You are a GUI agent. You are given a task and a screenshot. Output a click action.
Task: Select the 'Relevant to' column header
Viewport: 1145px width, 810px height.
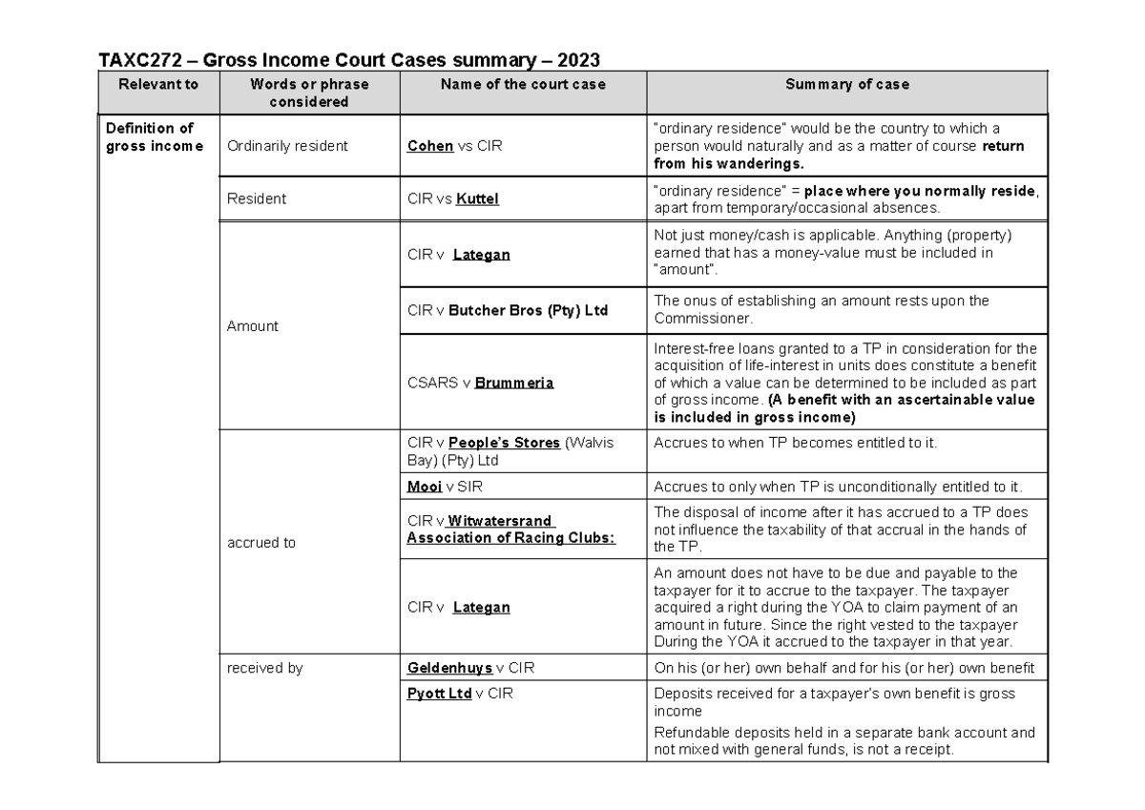[158, 84]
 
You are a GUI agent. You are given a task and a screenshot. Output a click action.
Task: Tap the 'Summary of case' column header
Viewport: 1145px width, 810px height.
[846, 84]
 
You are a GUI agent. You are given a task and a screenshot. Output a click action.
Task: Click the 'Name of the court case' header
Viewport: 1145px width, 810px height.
[523, 84]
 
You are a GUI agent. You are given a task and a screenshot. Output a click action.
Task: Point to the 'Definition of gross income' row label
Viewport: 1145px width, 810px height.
[154, 136]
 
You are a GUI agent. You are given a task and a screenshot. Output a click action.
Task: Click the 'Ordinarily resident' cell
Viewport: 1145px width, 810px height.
[287, 146]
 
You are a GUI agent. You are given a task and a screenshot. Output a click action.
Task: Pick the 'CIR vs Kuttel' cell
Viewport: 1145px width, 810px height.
[452, 199]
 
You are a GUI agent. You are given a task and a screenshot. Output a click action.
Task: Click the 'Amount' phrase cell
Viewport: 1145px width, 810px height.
[252, 326]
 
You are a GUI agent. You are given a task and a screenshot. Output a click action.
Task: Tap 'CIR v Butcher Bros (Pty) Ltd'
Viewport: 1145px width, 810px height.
[507, 311]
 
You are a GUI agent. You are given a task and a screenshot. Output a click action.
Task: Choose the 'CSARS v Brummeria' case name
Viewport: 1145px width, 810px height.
[480, 383]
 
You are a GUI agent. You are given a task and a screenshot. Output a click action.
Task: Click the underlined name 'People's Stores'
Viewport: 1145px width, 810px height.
[504, 443]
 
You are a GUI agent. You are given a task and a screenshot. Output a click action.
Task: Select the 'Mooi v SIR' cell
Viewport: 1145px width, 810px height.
[445, 488]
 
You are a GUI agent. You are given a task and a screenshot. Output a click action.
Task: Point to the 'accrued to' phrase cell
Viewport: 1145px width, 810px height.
[260, 543]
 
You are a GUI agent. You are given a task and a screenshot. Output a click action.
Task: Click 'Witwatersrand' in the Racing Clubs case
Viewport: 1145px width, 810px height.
[500, 521]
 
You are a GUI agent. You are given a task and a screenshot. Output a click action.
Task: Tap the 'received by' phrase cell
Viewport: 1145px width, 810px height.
[264, 668]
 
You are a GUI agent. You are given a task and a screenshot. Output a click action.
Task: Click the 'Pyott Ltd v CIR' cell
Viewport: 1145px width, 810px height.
[459, 694]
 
